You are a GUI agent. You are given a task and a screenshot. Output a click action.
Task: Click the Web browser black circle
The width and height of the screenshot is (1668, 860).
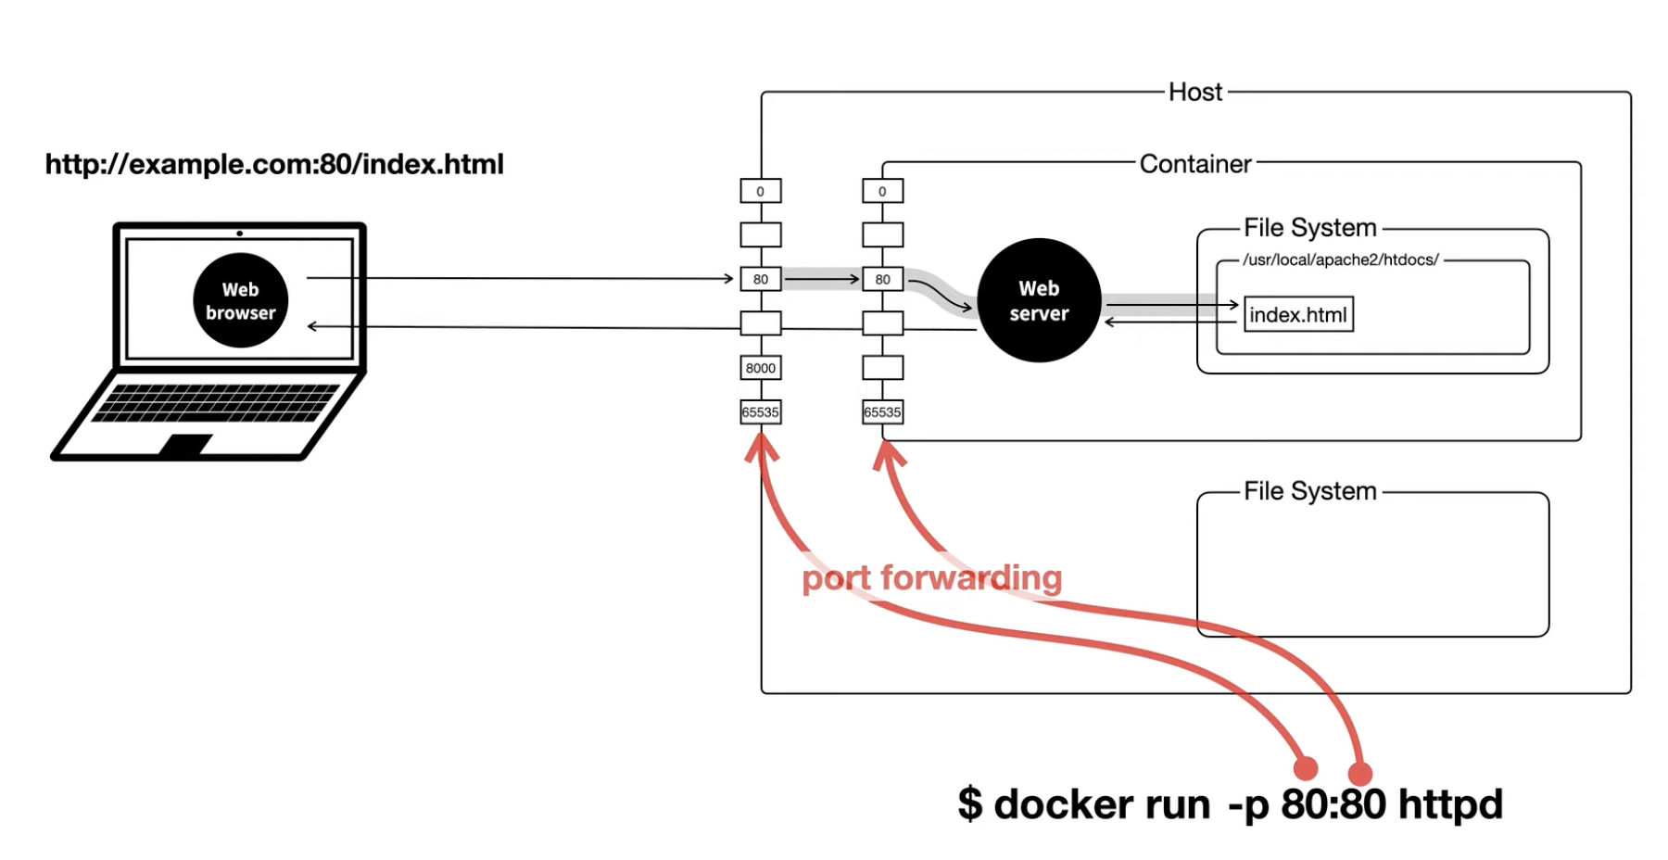[241, 300]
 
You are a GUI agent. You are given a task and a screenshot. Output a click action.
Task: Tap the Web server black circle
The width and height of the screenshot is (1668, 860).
[1039, 300]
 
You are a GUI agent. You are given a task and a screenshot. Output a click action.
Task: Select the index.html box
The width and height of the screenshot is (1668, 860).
[1298, 314]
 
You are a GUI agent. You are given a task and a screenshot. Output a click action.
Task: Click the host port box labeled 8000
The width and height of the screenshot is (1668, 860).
[761, 368]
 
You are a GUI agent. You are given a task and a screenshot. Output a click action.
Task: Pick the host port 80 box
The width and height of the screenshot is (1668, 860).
[761, 279]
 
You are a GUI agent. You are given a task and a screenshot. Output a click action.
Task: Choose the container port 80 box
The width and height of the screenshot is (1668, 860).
[883, 279]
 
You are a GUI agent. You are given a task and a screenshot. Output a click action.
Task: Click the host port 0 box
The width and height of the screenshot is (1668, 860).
[761, 191]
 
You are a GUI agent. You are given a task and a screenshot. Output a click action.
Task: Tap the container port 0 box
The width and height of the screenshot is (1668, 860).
[883, 191]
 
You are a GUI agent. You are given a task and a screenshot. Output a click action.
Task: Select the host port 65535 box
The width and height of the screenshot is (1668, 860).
[761, 412]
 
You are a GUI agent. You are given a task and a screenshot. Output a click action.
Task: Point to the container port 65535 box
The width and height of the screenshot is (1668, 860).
[883, 412]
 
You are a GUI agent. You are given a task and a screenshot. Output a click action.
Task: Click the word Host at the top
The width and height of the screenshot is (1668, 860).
[1195, 92]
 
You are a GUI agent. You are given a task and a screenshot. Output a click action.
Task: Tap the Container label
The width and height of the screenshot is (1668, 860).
[1195, 164]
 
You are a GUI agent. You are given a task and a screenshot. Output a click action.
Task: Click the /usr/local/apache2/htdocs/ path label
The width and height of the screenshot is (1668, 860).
[1341, 260]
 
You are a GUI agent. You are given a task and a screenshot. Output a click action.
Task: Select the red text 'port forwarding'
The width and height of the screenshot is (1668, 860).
[932, 578]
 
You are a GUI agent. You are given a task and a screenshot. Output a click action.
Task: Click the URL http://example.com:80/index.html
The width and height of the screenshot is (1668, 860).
[274, 164]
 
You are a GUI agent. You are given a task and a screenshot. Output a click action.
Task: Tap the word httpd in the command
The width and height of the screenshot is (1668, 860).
[1450, 803]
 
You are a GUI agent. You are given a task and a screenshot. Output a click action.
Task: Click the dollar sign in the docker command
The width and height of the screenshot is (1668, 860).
[970, 803]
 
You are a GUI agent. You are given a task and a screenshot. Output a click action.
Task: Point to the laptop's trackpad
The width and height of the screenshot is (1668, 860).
[185, 445]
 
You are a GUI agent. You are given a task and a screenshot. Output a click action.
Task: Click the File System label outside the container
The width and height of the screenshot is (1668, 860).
[1310, 491]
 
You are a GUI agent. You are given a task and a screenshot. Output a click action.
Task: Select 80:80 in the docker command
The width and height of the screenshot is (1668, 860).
[1333, 803]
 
